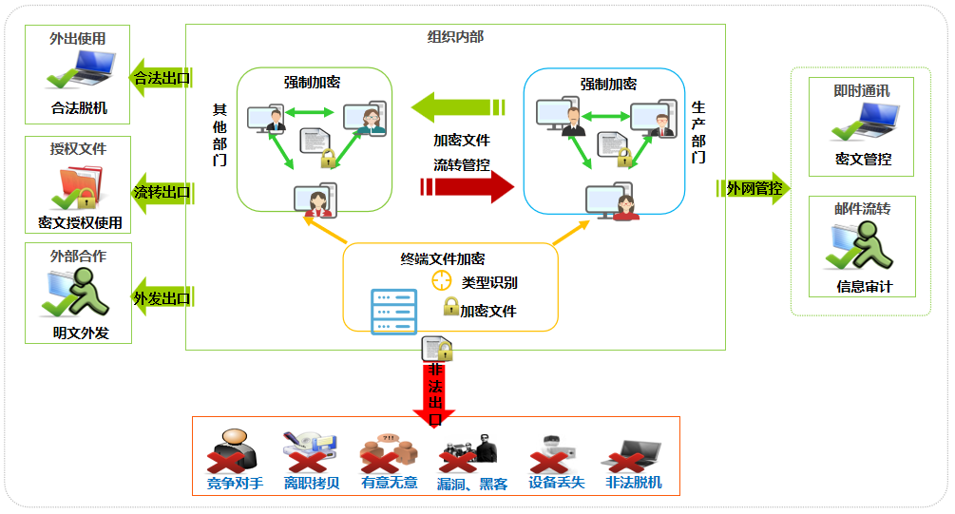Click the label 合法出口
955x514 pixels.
coord(162,78)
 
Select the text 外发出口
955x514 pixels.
coord(162,297)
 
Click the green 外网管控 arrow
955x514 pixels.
coord(754,188)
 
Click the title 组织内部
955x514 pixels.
coord(455,36)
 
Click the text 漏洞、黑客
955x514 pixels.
coord(472,484)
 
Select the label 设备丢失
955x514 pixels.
coord(556,482)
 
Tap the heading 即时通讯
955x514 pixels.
coord(861,91)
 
